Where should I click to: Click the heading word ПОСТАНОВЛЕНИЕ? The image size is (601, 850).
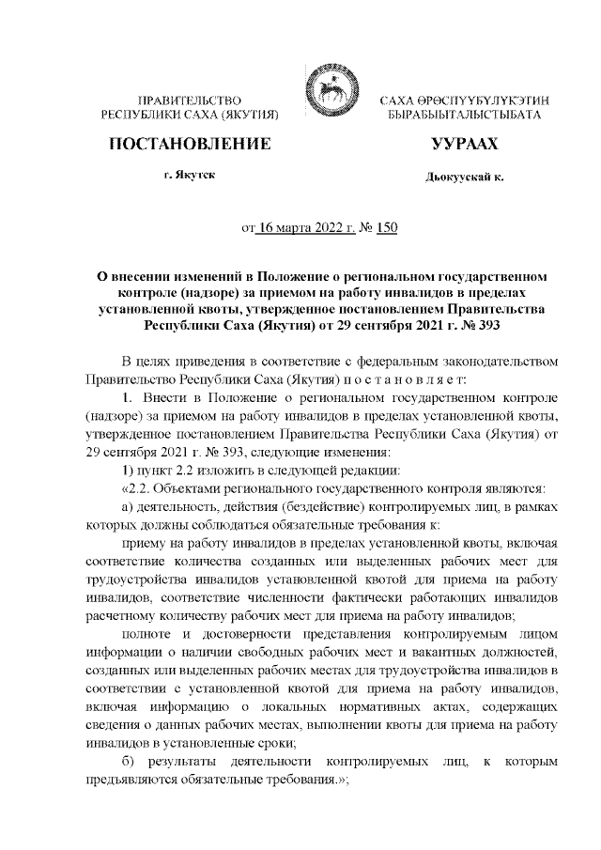coord(191,145)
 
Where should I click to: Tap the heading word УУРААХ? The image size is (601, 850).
coord(464,145)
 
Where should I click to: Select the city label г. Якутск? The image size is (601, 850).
coord(191,176)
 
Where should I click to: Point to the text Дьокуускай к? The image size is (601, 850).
coord(464,177)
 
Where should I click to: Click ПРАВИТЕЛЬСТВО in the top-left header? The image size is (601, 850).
coord(191,100)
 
